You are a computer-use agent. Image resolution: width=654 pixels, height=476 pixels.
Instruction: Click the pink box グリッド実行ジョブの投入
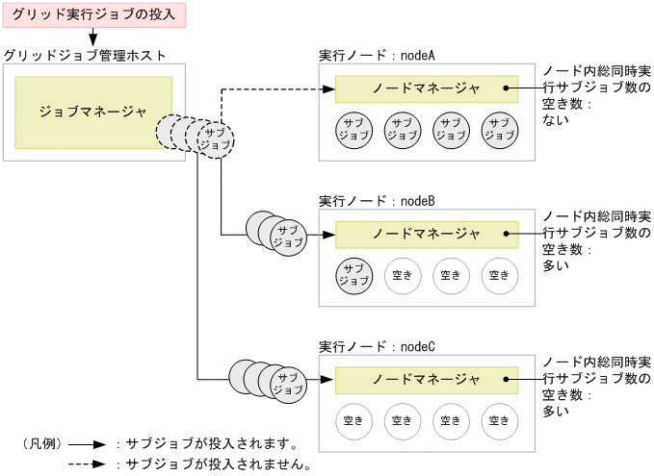coord(93,14)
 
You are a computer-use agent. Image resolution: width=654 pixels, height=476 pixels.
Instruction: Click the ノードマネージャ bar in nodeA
coord(426,89)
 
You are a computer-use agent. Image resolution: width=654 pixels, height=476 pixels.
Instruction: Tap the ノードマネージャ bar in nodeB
coord(426,234)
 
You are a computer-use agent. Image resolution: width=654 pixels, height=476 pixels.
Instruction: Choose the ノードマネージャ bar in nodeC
coord(426,379)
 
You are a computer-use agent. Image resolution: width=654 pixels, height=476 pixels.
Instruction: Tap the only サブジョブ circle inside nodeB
coord(353,275)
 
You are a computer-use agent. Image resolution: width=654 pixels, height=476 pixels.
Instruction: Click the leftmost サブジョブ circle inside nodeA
coord(353,130)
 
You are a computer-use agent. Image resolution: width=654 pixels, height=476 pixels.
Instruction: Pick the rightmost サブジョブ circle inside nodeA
coord(498,130)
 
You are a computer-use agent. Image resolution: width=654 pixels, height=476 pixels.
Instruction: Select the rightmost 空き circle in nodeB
coord(498,275)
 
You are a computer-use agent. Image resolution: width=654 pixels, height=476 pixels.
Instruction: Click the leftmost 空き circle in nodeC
coord(353,420)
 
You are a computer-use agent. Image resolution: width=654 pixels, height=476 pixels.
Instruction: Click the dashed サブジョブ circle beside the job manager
coord(215,137)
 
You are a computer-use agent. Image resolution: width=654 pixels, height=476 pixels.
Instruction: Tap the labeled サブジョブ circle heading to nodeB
coord(287,236)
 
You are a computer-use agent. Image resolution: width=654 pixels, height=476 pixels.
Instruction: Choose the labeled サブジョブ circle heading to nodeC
coord(287,383)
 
